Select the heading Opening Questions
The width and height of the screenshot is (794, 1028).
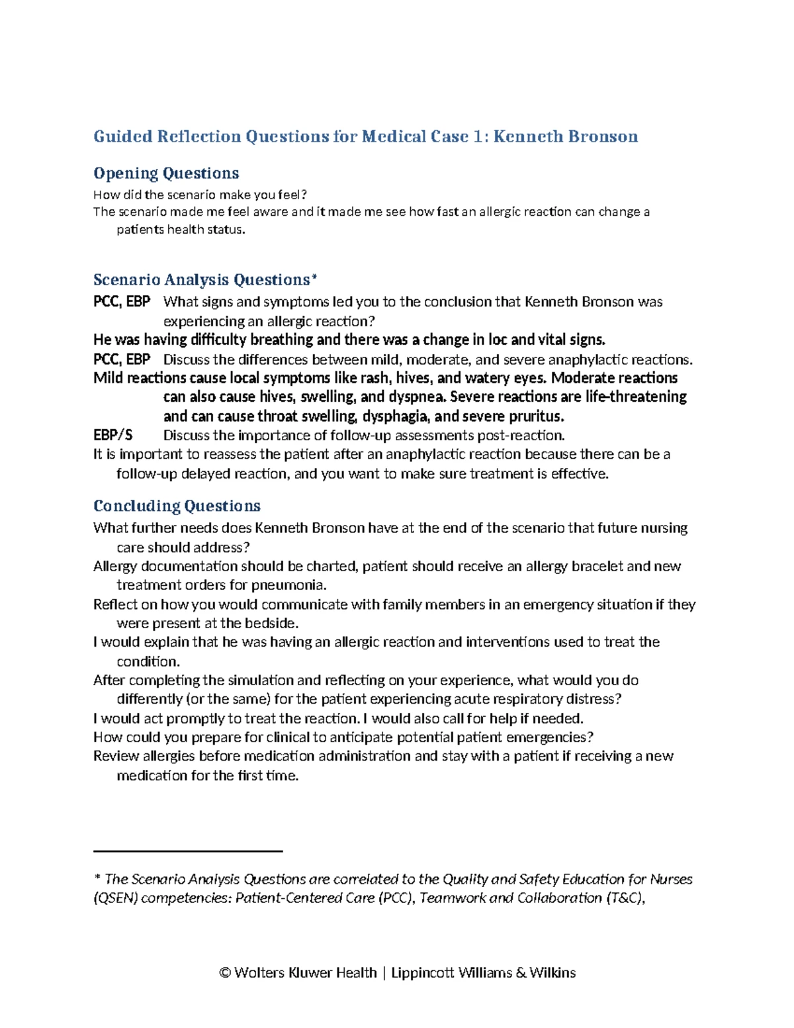click(166, 173)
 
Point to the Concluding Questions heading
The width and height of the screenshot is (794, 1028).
click(177, 506)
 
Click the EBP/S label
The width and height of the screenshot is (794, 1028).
click(113, 436)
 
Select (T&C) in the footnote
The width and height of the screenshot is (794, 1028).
click(624, 898)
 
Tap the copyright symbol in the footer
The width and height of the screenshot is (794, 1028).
click(225, 973)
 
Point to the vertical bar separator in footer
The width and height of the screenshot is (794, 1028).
click(384, 973)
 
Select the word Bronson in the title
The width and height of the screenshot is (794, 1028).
click(602, 137)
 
